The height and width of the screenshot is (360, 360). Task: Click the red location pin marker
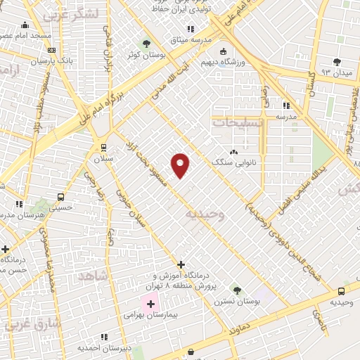point(181,165)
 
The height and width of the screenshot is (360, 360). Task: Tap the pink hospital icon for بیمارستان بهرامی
point(150,306)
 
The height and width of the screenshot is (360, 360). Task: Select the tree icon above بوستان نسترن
point(237,290)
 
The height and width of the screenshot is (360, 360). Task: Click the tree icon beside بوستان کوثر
point(146,43)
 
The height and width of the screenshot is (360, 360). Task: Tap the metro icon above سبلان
point(103,147)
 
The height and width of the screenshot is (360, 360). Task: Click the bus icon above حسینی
point(61,197)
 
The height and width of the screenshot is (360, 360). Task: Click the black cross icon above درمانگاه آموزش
point(181,265)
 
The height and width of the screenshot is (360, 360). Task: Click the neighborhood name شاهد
point(92,276)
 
